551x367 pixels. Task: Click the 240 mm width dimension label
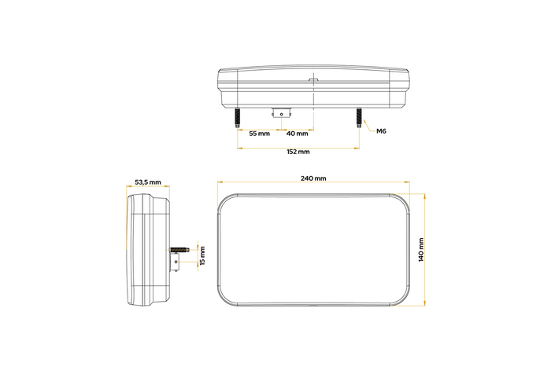[x=313, y=178]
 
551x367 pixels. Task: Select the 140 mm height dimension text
[x=420, y=248]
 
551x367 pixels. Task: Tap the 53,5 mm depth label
[x=147, y=182]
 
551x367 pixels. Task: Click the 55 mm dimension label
[x=259, y=134]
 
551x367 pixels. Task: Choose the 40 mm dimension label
[x=296, y=134]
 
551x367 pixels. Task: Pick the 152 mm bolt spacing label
[x=297, y=151]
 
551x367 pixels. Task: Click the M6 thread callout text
[x=381, y=130]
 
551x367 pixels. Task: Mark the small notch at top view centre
[x=312, y=79]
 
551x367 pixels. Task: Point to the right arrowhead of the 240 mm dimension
[x=409, y=185]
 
